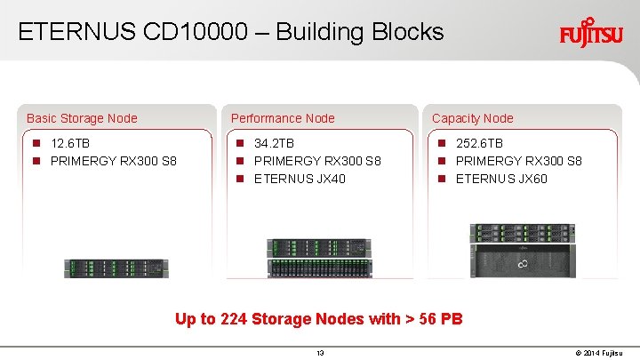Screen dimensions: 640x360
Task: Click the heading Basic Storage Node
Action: (82, 118)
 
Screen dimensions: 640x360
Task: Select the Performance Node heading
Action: (283, 118)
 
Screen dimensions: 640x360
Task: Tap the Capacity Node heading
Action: (472, 118)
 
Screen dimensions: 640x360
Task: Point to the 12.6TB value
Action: (70, 143)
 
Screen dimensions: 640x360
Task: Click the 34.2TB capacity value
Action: (274, 143)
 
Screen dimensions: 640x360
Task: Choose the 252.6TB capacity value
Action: (479, 143)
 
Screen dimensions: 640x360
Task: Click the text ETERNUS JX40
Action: (300, 179)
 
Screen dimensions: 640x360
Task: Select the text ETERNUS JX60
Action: (501, 179)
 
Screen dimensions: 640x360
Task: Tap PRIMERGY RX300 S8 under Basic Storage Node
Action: (114, 161)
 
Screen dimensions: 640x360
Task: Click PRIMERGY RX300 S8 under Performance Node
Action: (317, 161)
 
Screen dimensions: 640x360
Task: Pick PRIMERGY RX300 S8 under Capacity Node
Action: (519, 161)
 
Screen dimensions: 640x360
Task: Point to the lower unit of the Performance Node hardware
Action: (318, 268)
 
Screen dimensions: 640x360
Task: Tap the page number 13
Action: (320, 353)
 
